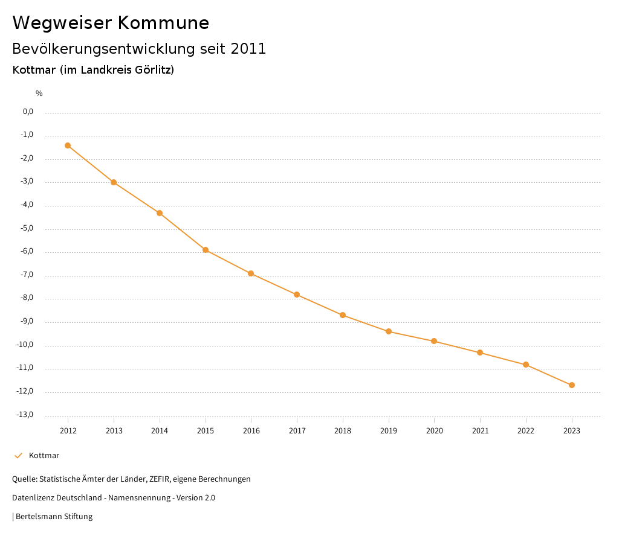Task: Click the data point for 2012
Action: [68, 145]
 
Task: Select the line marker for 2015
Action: [206, 250]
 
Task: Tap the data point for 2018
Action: [343, 315]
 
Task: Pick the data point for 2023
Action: [572, 385]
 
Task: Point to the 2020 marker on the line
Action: [434, 341]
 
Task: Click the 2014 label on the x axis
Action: [160, 430]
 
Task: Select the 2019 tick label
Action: [389, 430]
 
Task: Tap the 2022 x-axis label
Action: [526, 430]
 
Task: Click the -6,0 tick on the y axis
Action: [27, 252]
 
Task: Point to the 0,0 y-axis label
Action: [28, 112]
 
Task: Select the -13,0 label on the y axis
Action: [25, 415]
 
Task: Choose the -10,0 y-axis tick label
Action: [25, 345]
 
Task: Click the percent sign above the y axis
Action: [39, 93]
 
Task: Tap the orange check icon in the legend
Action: [18, 456]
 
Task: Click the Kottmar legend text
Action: [44, 456]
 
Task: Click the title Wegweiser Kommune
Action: [111, 23]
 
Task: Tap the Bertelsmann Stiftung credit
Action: [54, 517]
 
